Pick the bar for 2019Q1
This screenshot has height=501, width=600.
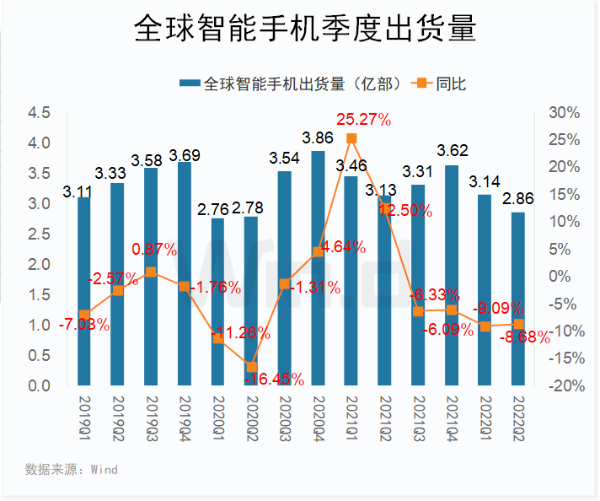pyautogui.click(x=84, y=291)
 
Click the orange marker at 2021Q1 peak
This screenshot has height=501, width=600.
pyautogui.click(x=351, y=138)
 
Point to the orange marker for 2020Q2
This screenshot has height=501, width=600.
pyautogui.click(x=251, y=367)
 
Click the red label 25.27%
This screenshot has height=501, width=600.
pyautogui.click(x=363, y=120)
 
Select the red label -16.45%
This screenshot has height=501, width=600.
pyautogui.click(x=275, y=379)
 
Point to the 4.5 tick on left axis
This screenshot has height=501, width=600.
pyautogui.click(x=39, y=113)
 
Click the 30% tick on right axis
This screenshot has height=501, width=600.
pyautogui.click(x=563, y=113)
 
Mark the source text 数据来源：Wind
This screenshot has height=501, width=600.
pyautogui.click(x=72, y=468)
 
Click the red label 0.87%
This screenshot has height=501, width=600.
pyautogui.click(x=153, y=250)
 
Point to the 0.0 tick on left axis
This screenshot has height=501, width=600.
pyautogui.click(x=39, y=385)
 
